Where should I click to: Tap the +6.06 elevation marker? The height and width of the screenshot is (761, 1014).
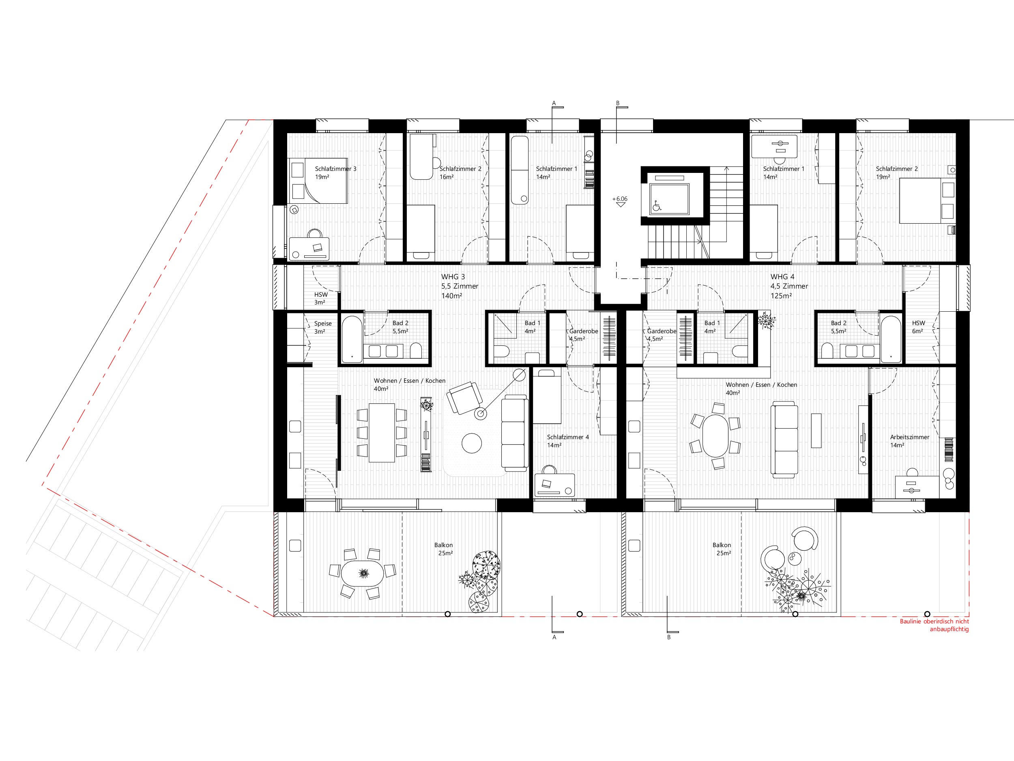pyautogui.click(x=620, y=199)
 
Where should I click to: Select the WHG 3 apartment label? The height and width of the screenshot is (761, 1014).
pyautogui.click(x=453, y=277)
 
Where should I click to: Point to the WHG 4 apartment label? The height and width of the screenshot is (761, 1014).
pyautogui.click(x=782, y=277)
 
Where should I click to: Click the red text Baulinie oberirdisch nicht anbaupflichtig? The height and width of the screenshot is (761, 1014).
pyautogui.click(x=934, y=625)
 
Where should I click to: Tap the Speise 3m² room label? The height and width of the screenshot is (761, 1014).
pyautogui.click(x=323, y=327)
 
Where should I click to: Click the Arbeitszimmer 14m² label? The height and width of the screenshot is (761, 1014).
pyautogui.click(x=909, y=441)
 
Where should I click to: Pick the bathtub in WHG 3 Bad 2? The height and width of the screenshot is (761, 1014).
pyautogui.click(x=352, y=339)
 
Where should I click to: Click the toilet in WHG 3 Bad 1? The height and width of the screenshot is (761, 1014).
pyautogui.click(x=502, y=352)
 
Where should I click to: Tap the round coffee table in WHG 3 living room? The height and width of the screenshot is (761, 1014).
pyautogui.click(x=472, y=443)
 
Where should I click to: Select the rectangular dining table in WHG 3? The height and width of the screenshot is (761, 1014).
pyautogui.click(x=382, y=433)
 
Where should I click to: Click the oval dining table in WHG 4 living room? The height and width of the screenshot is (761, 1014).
pyautogui.click(x=715, y=436)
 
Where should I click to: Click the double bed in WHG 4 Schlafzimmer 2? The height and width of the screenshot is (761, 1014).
pyautogui.click(x=927, y=200)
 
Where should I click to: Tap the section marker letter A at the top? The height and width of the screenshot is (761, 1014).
pyautogui.click(x=554, y=103)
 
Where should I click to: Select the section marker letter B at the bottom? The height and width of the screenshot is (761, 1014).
pyautogui.click(x=669, y=637)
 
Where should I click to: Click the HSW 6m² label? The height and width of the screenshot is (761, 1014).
pyautogui.click(x=918, y=327)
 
